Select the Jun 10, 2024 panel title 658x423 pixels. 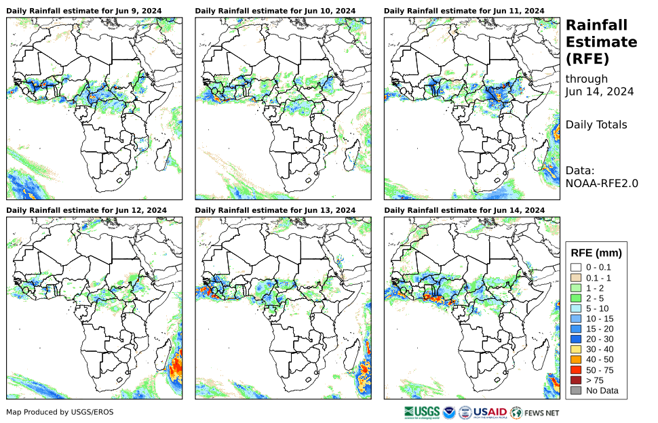275,11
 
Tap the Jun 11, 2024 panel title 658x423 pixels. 464,11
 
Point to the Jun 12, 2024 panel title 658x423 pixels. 86,210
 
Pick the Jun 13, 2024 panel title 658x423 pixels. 275,210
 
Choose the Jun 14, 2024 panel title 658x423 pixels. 464,210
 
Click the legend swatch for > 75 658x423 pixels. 576,380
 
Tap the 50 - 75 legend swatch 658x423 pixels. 576,369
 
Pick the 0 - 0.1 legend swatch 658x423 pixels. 576,267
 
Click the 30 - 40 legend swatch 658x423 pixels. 576,349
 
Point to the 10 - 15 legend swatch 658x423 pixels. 576,319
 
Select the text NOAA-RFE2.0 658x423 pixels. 602,182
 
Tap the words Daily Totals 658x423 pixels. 596,125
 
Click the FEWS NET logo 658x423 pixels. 535,411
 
